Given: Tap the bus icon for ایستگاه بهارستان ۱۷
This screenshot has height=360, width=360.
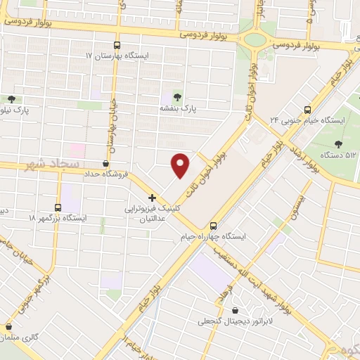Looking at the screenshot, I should (x=117, y=45).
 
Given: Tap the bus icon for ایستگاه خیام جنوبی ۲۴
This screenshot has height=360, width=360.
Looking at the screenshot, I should (x=307, y=109).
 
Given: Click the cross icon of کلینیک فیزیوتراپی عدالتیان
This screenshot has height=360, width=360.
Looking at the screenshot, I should (x=152, y=198).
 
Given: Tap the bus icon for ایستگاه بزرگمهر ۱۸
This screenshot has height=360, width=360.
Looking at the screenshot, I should (x=57, y=207).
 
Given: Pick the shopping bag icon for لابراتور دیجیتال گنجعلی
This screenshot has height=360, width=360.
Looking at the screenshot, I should (x=233, y=310).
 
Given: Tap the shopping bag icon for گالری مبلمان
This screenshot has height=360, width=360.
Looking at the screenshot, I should (x=8, y=327).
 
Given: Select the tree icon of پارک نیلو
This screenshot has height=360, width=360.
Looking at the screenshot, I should (x=11, y=99).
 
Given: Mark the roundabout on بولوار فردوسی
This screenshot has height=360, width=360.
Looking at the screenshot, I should (x=255, y=39).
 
